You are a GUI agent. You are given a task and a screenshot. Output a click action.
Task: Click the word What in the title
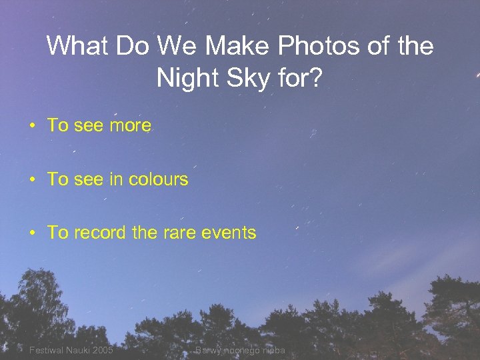pos(77,46)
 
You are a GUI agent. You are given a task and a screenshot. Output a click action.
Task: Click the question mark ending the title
pos(317,79)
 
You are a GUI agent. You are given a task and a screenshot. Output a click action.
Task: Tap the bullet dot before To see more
pos(31,125)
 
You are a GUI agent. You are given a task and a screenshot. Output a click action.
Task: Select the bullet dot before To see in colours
pos(31,179)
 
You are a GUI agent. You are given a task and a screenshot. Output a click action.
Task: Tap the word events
pos(229,233)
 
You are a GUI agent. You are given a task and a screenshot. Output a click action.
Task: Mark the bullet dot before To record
pos(31,233)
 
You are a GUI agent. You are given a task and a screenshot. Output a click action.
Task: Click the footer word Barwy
pos(207,350)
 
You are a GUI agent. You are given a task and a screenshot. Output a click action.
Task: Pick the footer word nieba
pos(273,350)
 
